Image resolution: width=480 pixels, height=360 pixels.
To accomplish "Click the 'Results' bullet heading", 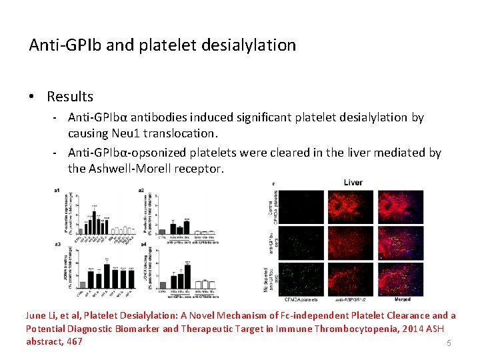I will click(69, 97).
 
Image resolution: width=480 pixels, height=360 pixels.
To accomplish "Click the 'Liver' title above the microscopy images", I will click(353, 182).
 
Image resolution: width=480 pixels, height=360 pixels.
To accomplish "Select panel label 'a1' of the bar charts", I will click(57, 191).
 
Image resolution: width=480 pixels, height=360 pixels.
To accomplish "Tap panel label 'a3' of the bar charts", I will click(57, 245).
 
